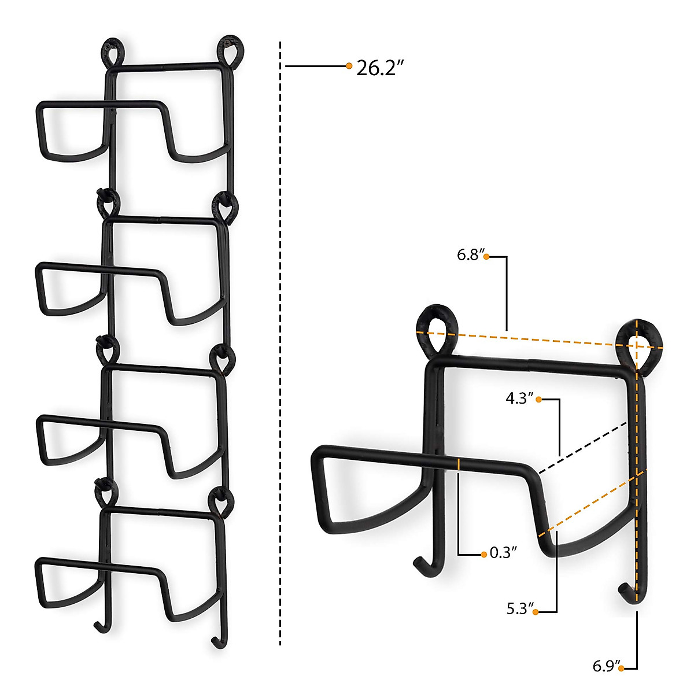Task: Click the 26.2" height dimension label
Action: (x=379, y=68)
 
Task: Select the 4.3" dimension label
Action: (x=519, y=398)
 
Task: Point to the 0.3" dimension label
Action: (x=503, y=553)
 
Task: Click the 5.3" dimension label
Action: (x=519, y=609)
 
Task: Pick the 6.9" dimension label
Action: (x=606, y=667)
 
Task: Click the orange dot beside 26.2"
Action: (x=349, y=66)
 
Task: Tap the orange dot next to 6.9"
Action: (x=621, y=669)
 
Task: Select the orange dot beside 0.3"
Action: (x=484, y=555)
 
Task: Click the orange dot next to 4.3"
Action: (x=538, y=399)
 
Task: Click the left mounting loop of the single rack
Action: (x=435, y=327)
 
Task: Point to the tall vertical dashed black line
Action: (x=280, y=347)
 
